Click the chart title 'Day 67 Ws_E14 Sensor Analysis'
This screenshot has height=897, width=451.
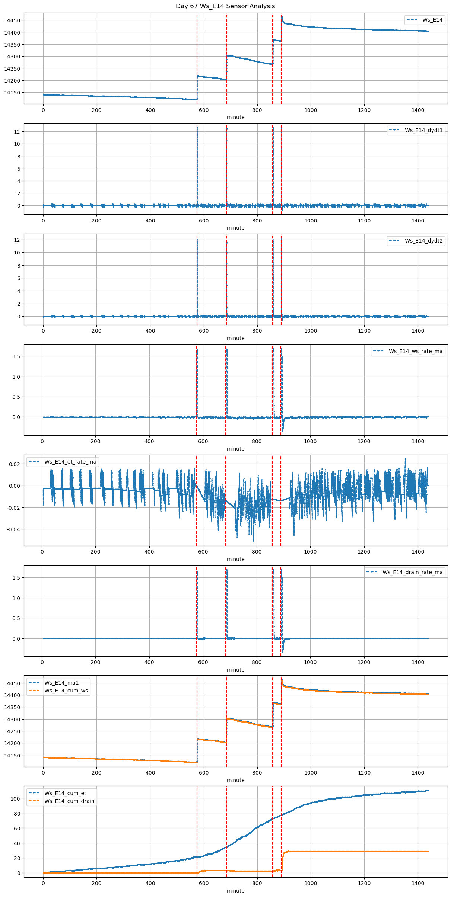[225, 6]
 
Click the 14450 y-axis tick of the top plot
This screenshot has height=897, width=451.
[12, 20]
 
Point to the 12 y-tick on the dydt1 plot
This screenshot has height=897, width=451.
[17, 132]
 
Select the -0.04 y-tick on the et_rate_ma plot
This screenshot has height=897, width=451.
[13, 529]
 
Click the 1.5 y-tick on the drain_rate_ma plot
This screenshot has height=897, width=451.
[16, 578]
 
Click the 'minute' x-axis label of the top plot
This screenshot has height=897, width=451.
[236, 117]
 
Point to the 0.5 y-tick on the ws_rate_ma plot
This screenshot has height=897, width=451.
[16, 397]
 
